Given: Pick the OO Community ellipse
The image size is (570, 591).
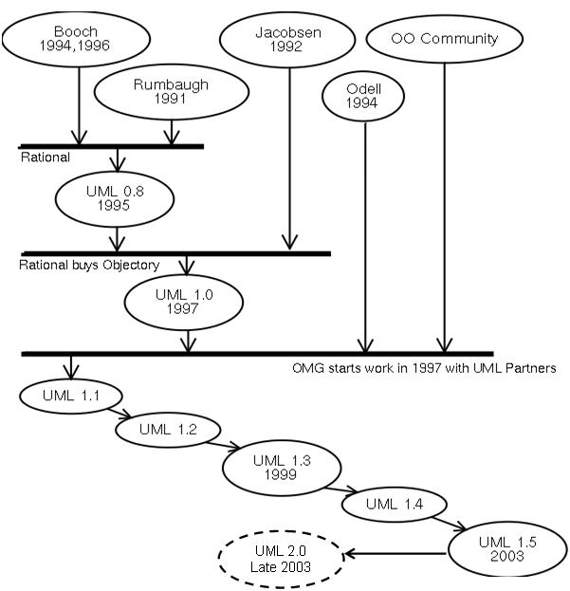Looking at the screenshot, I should click(x=444, y=40).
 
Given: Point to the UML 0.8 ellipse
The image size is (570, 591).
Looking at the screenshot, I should click(x=115, y=198).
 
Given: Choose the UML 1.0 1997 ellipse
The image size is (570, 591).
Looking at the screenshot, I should click(x=184, y=302).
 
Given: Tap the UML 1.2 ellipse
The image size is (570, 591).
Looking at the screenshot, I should click(x=168, y=429).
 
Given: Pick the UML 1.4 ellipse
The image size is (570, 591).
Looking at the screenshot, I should click(x=393, y=503).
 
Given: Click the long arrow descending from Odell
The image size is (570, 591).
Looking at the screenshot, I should click(x=365, y=237).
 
